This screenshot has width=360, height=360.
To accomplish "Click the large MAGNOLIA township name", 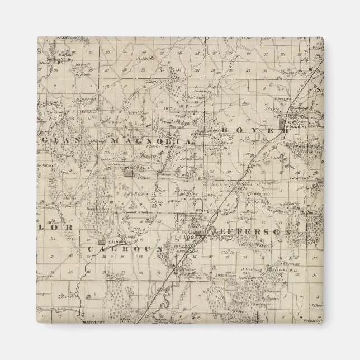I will pyautogui.click(x=151, y=141).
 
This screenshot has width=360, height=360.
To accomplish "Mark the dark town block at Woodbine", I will pyautogui.click(x=292, y=118).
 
